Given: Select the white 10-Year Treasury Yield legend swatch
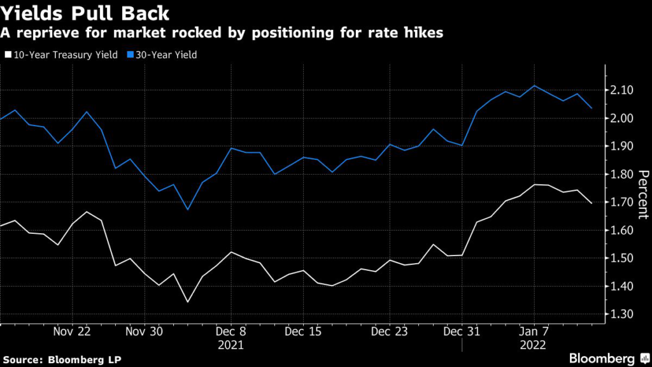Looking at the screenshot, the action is [x=8, y=55].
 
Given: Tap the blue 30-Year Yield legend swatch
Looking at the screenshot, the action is [x=130, y=55].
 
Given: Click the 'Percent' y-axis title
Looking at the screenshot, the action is [x=643, y=194].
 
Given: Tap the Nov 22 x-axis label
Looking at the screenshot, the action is [x=72, y=331].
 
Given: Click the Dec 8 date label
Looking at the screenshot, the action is [x=230, y=331].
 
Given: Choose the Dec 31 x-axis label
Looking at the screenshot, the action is [x=462, y=331].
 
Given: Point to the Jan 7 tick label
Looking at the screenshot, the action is [x=534, y=331].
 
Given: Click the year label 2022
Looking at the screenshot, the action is [x=533, y=345].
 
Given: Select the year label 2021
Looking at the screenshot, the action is [x=230, y=345].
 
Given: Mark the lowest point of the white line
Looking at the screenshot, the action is [x=188, y=302].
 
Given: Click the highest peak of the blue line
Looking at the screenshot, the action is [x=534, y=86].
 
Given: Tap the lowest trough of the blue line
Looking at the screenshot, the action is [x=188, y=209].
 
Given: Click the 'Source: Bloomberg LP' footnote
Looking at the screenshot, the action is [x=62, y=359].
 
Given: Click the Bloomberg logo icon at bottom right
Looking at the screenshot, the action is [x=645, y=358].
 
